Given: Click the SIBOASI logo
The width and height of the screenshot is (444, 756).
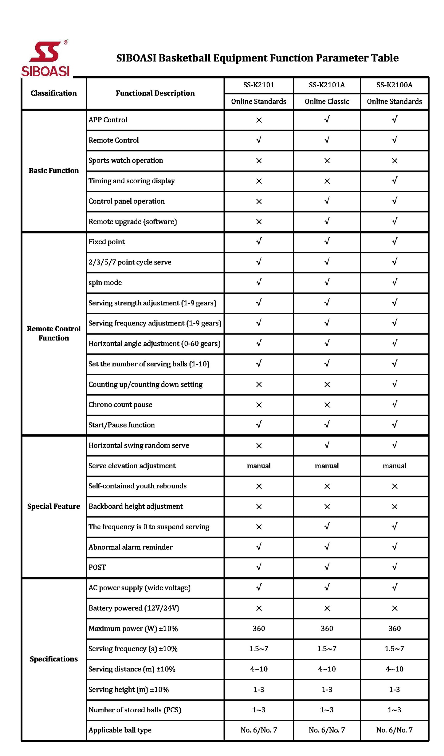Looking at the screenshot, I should (45, 58).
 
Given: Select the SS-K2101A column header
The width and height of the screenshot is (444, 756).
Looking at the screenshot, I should (327, 85).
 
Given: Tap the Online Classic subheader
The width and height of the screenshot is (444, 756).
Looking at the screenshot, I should (327, 101).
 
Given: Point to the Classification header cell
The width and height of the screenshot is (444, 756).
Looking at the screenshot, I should (53, 93).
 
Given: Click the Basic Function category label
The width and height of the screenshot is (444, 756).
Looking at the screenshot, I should (53, 171).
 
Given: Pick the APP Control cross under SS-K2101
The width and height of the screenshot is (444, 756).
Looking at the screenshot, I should (259, 120).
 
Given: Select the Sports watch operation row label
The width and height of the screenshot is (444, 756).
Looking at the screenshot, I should (126, 161).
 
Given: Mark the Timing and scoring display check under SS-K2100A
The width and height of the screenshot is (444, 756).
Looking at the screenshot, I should (395, 181).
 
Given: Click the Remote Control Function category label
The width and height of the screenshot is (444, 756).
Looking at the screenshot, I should (53, 333).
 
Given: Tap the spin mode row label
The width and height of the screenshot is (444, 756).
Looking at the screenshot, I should (105, 283).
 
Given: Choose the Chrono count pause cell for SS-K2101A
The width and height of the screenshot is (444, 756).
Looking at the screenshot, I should (327, 405).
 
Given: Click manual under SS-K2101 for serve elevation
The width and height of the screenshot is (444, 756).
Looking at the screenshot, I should (259, 466).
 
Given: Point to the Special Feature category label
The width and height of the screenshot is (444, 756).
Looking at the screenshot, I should (53, 506).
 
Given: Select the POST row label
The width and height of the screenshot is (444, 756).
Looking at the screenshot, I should (97, 567).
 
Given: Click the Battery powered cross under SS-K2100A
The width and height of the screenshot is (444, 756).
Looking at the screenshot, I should (395, 608).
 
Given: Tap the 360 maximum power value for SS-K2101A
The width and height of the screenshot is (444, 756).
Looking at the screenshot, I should (327, 628).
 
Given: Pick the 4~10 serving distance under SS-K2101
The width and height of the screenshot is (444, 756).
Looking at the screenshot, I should (259, 669).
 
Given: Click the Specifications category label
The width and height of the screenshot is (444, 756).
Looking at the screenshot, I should (53, 659).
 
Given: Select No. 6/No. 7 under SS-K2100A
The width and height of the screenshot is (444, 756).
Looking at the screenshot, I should (395, 730).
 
